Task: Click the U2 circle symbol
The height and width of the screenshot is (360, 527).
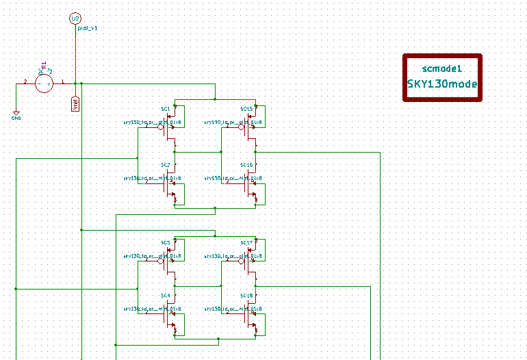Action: pyautogui.click(x=75, y=18)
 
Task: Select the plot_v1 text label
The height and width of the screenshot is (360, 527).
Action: pyautogui.click(x=88, y=29)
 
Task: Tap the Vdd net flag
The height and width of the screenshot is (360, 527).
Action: pyautogui.click(x=75, y=103)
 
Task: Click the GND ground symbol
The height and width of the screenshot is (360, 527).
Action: pyautogui.click(x=16, y=115)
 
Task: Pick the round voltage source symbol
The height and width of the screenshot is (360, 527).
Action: pyautogui.click(x=44, y=83)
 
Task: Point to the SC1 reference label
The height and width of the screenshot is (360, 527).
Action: pyautogui.click(x=165, y=109)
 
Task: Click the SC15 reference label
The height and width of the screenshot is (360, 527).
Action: pyautogui.click(x=246, y=109)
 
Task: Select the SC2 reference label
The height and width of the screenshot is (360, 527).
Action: pyautogui.click(x=165, y=166)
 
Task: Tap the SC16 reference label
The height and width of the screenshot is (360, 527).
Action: pyautogui.click(x=246, y=166)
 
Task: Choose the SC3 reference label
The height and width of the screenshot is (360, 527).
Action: pyautogui.click(x=165, y=243)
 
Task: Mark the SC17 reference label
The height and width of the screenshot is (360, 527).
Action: pyautogui.click(x=246, y=243)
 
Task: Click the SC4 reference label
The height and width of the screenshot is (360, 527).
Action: pyautogui.click(x=165, y=296)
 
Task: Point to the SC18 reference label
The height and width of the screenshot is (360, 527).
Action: pyautogui.click(x=246, y=296)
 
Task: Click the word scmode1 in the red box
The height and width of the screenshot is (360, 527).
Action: pyautogui.click(x=443, y=68)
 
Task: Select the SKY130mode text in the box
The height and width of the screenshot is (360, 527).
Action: pyautogui.click(x=442, y=84)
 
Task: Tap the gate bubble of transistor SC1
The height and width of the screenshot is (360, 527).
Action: pyautogui.click(x=160, y=127)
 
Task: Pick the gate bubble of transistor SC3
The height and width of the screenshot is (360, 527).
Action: pyautogui.click(x=160, y=261)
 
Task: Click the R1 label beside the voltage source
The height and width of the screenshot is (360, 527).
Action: pyautogui.click(x=43, y=66)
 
